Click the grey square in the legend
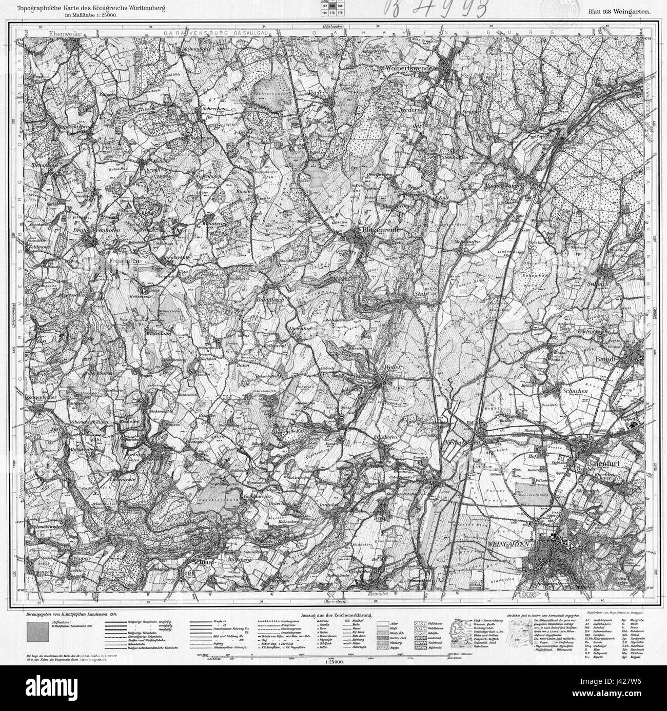click(38, 631)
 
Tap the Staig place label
click(421, 294)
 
